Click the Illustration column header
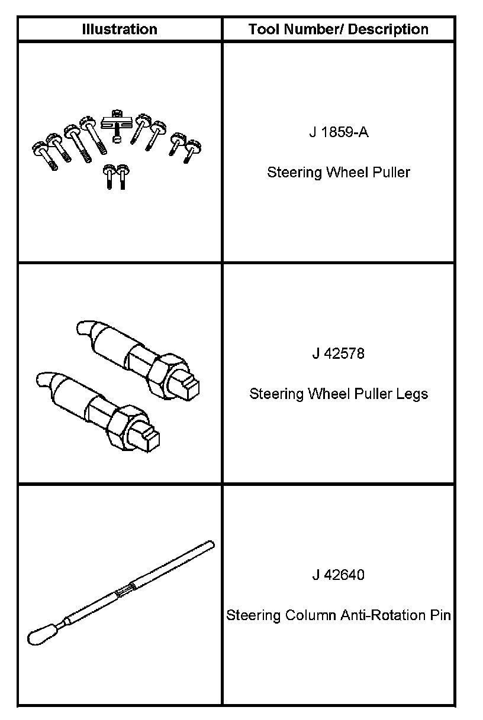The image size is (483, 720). pyautogui.click(x=120, y=30)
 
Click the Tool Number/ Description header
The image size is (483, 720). pyautogui.click(x=339, y=30)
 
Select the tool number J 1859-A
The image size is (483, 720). pyautogui.click(x=339, y=132)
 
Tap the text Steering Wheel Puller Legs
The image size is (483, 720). pyautogui.click(x=339, y=394)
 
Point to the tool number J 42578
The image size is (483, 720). pyautogui.click(x=339, y=353)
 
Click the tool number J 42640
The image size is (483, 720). pyautogui.click(x=339, y=575)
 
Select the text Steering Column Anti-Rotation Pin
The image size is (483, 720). pyautogui.click(x=339, y=615)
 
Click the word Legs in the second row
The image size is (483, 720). pyautogui.click(x=413, y=394)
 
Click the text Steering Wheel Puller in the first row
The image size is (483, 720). pyautogui.click(x=339, y=173)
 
